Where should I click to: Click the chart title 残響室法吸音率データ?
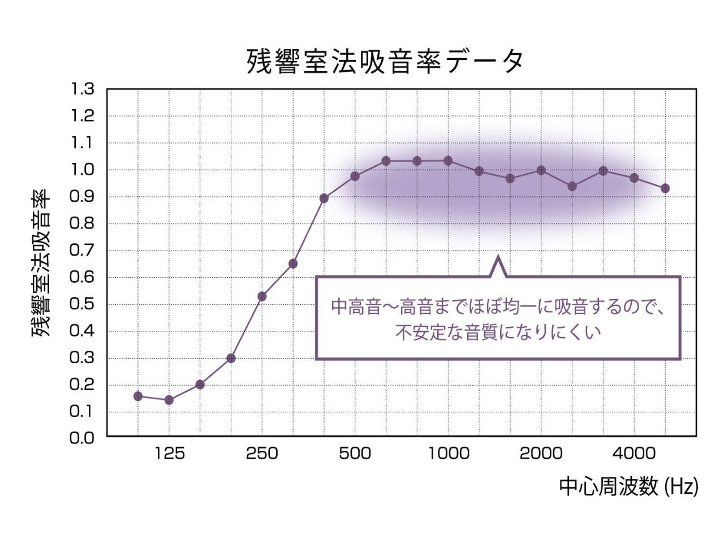[x=385, y=62]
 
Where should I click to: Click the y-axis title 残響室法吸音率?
[x=41, y=263]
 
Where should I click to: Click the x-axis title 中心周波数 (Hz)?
[x=628, y=486]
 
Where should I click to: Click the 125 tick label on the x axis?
[x=169, y=453]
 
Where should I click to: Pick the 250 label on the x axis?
[x=262, y=453]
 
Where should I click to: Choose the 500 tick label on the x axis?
[x=355, y=453]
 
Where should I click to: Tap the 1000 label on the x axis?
[x=448, y=453]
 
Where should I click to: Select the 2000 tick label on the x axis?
[x=541, y=453]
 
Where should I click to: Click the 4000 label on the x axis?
[x=634, y=453]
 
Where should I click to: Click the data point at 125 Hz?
[x=169, y=400]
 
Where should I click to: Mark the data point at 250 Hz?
[x=262, y=296]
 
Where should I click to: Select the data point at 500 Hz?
[x=355, y=176]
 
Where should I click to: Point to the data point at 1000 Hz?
[x=448, y=161]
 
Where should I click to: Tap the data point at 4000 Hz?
[x=634, y=178]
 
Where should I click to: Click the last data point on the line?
[x=665, y=188]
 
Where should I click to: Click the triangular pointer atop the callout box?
[x=498, y=267]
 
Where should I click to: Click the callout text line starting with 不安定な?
[x=498, y=332]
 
